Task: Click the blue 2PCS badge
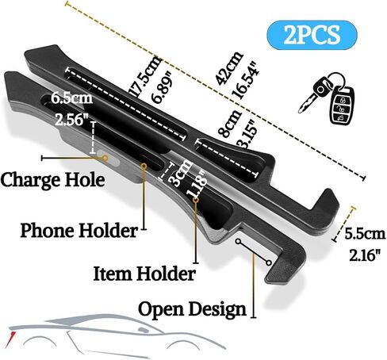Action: [312, 35]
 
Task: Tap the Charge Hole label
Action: [52, 180]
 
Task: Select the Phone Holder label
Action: [79, 230]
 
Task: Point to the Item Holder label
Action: [144, 274]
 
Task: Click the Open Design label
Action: [192, 310]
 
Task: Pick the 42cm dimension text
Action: [229, 67]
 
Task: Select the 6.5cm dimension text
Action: [71, 98]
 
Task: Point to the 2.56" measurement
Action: [71, 120]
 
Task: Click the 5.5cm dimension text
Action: [365, 234]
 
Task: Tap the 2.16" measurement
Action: [365, 255]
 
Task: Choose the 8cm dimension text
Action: [230, 123]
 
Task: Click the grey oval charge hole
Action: [109, 158]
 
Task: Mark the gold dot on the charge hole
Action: [105, 158]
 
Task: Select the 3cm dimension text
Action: [181, 173]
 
